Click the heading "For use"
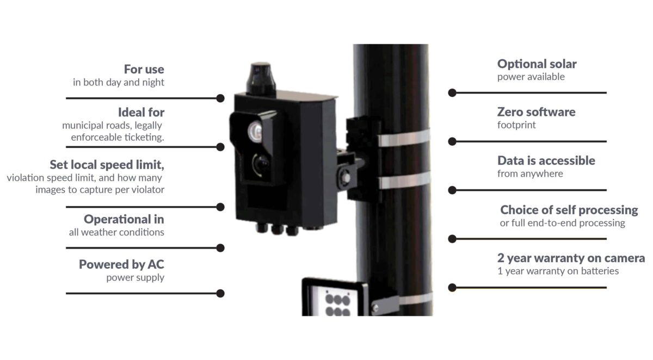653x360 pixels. click(x=144, y=70)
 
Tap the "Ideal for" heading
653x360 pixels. click(x=141, y=113)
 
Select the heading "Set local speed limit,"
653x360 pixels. click(x=107, y=164)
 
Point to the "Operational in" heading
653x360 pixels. click(x=124, y=219)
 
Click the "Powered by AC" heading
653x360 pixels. click(x=121, y=264)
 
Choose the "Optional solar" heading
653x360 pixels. click(x=537, y=64)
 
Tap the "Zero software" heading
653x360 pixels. click(x=536, y=112)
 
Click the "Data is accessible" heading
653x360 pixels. click(x=546, y=160)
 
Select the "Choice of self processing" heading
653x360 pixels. click(x=569, y=210)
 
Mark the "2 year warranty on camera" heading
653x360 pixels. click(x=571, y=258)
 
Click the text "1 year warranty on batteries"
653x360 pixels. click(x=558, y=271)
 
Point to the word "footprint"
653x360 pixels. click(x=516, y=125)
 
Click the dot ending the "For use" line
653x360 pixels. click(x=220, y=98)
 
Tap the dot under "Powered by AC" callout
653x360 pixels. click(x=220, y=293)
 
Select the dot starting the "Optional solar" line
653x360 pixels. click(x=452, y=92)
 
